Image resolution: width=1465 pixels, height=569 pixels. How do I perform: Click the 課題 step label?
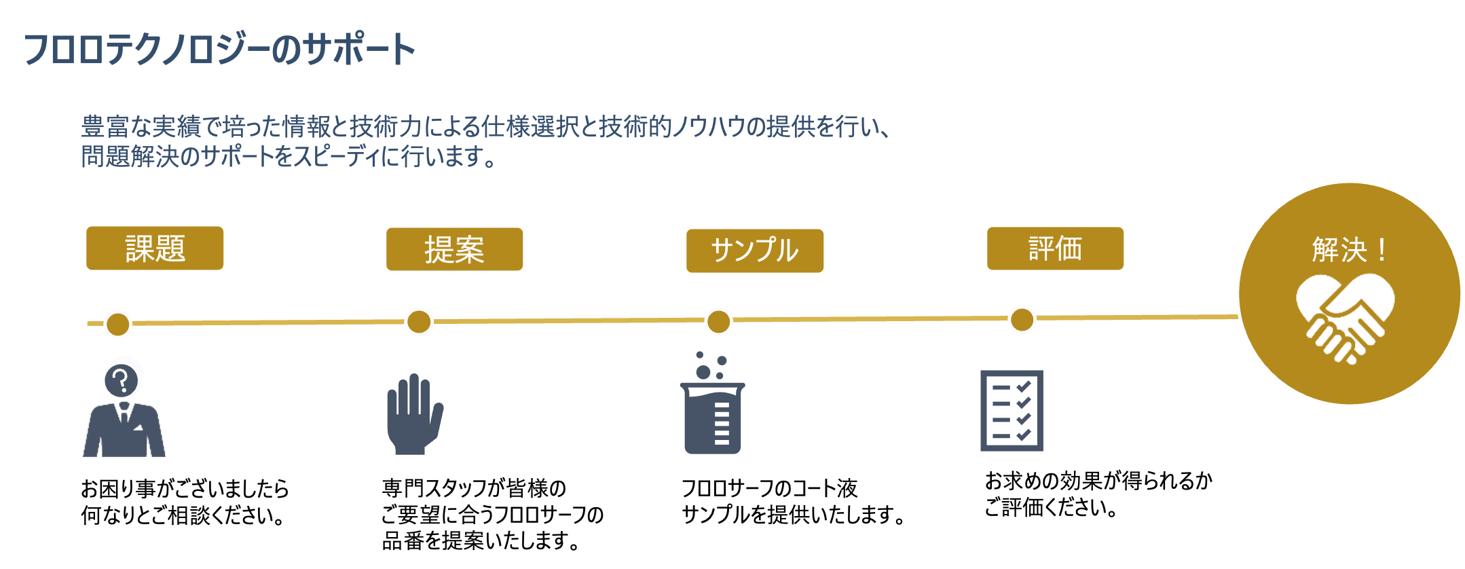(155, 249)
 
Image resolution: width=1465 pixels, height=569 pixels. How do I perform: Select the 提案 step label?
(454, 250)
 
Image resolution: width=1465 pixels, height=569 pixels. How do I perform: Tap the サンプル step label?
(755, 251)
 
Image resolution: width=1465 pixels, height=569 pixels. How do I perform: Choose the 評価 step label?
(1055, 249)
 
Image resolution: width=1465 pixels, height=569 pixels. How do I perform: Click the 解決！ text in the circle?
(1349, 250)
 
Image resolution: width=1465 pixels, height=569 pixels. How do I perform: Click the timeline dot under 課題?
(118, 324)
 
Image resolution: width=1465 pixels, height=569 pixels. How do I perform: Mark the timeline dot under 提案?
(419, 321)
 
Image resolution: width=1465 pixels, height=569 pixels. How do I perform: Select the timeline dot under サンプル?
(718, 321)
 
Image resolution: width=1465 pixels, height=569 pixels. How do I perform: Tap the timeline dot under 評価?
(1022, 319)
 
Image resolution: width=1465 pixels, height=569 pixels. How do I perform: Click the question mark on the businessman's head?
(122, 380)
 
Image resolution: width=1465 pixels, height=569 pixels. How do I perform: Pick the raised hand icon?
(413, 414)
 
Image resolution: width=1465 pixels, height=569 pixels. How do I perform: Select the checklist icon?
(1012, 411)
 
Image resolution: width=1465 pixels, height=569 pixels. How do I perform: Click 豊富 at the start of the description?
(105, 127)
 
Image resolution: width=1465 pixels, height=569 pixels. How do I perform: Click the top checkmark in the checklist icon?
(1024, 386)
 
